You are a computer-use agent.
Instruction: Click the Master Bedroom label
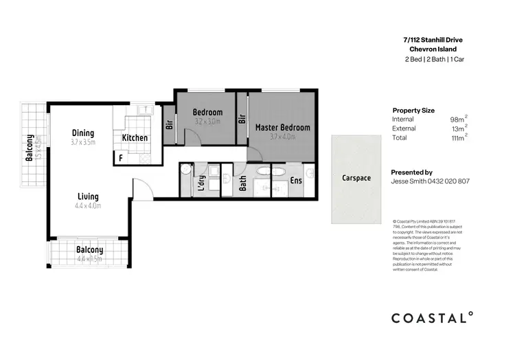click(x=282, y=128)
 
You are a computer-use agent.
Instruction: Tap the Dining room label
click(x=83, y=133)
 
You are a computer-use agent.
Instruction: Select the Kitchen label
click(x=135, y=138)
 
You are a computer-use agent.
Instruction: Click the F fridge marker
click(x=121, y=157)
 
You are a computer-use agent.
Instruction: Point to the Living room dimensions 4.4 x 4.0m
click(x=88, y=205)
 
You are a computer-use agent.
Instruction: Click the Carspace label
click(x=356, y=178)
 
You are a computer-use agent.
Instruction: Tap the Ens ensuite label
click(x=297, y=181)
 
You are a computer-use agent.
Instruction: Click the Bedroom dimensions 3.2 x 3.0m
click(x=207, y=122)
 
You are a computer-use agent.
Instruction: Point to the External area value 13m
click(x=458, y=128)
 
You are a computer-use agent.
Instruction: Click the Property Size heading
click(x=413, y=111)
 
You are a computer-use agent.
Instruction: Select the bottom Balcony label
click(x=90, y=250)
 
